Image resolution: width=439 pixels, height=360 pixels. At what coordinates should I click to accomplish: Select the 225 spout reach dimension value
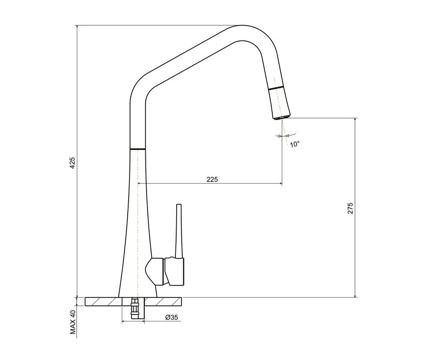[x=212, y=179]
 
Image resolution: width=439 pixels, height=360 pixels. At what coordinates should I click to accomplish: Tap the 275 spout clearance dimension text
[x=350, y=208]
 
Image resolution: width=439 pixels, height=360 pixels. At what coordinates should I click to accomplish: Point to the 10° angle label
[x=295, y=145]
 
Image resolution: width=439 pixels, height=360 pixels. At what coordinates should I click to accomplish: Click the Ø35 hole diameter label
[x=171, y=318]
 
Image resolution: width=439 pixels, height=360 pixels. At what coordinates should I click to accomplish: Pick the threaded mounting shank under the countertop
[x=135, y=309]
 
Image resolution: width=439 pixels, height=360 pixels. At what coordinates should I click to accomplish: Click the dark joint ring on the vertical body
[x=138, y=149]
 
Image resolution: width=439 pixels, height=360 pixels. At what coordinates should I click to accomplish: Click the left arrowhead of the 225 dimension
[x=139, y=184]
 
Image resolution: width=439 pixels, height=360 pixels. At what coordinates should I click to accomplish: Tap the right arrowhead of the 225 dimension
[x=280, y=184]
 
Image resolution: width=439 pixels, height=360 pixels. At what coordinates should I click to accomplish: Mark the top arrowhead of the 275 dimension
[x=355, y=120]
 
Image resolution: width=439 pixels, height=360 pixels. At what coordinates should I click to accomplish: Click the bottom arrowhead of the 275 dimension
[x=355, y=295]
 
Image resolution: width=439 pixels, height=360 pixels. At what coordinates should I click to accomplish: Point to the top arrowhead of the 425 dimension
[x=77, y=27]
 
